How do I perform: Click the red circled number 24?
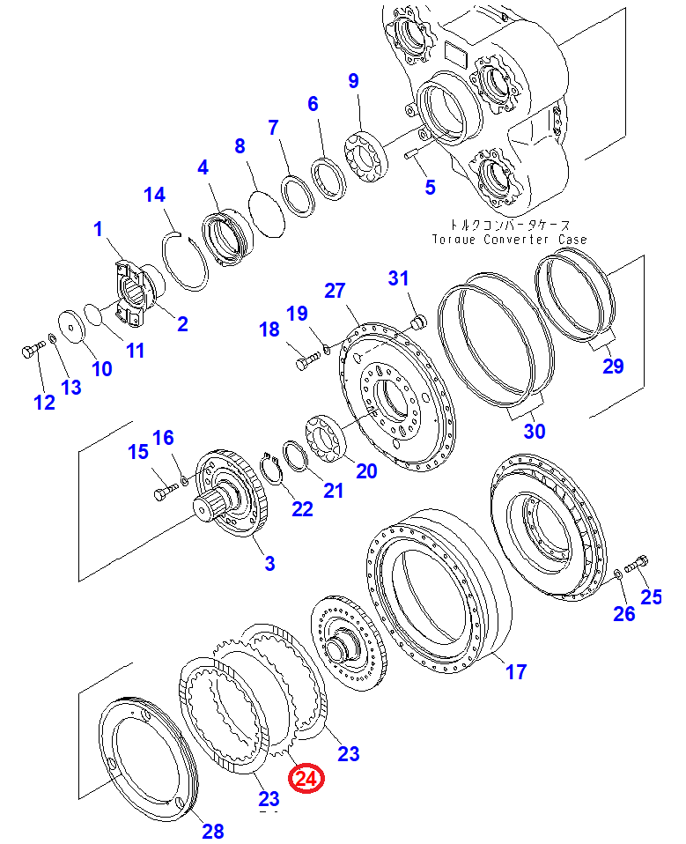(x=309, y=778)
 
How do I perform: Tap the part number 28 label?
(x=213, y=830)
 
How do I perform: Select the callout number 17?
(x=515, y=672)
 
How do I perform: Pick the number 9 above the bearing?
(x=353, y=81)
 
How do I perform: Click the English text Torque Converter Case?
(x=509, y=240)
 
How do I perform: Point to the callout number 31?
(x=399, y=278)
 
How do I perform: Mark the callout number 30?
(x=535, y=431)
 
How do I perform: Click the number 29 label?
(x=612, y=366)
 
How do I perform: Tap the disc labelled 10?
(x=71, y=324)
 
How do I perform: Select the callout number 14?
(x=154, y=195)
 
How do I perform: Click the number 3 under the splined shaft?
(x=269, y=562)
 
